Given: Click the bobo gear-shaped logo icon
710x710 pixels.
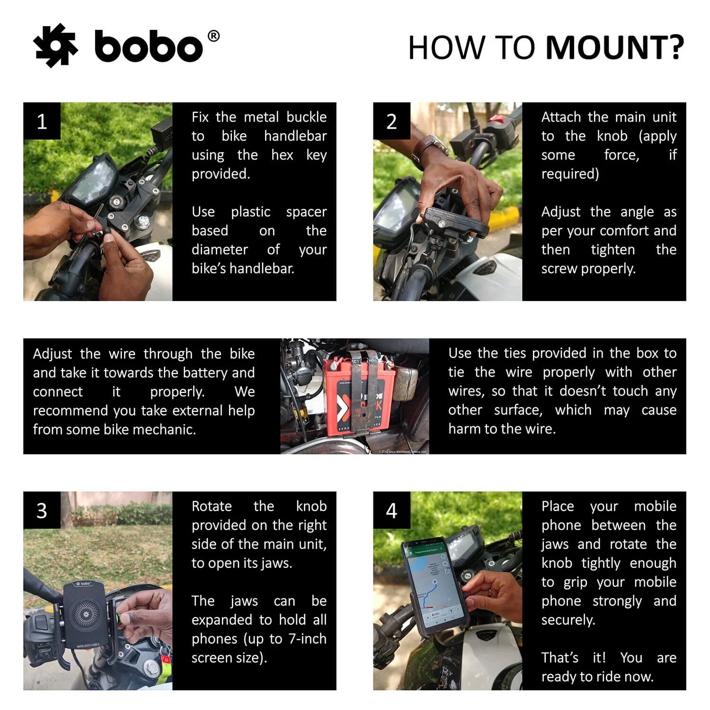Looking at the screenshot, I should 55,45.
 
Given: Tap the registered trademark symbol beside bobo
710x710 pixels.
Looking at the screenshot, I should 213,36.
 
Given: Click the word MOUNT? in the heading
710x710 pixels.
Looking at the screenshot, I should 615,48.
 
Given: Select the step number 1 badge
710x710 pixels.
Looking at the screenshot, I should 42,121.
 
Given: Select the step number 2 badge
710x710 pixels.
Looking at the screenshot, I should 391,121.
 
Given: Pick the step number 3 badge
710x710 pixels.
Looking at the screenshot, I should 42,510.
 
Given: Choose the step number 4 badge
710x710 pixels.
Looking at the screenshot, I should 391,510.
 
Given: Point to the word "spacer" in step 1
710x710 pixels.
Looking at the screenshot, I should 306,212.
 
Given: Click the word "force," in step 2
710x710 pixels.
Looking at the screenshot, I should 621,155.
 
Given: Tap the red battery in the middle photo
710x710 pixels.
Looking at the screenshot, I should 360,395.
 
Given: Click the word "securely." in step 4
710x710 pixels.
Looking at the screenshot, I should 568,620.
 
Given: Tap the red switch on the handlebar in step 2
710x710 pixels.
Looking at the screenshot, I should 496,119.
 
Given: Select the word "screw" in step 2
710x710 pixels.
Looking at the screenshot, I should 559,268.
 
